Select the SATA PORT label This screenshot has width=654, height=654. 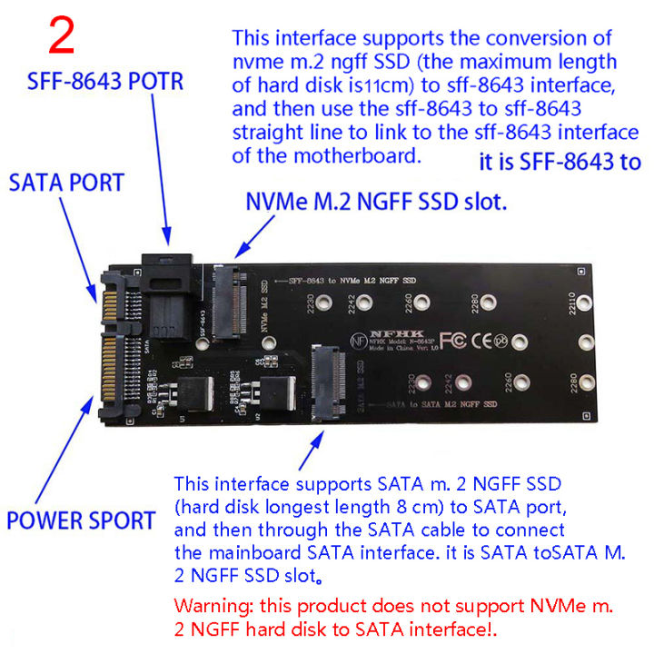(65, 183)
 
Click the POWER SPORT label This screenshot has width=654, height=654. (81, 521)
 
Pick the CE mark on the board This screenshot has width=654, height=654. (481, 341)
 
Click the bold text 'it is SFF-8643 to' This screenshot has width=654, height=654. (558, 163)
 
